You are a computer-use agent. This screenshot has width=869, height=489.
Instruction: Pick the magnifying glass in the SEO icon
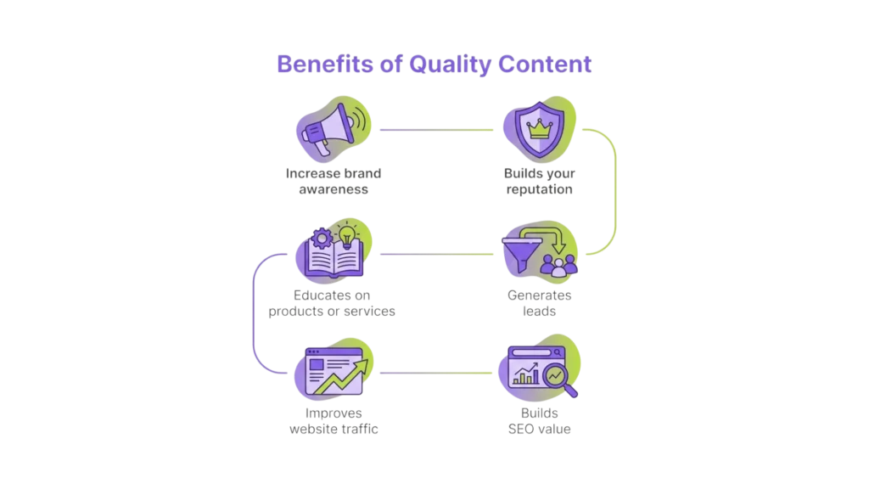pyautogui.click(x=559, y=377)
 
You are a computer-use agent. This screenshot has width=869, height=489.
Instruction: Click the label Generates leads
pyautogui.click(x=539, y=304)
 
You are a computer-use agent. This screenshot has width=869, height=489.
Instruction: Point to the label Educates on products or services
pyautogui.click(x=333, y=304)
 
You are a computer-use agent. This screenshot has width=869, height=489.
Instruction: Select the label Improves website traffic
pyautogui.click(x=333, y=421)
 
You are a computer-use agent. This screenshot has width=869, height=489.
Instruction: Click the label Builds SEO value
pyautogui.click(x=539, y=421)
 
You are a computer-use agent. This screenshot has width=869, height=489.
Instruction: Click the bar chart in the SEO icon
pyautogui.click(x=526, y=374)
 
